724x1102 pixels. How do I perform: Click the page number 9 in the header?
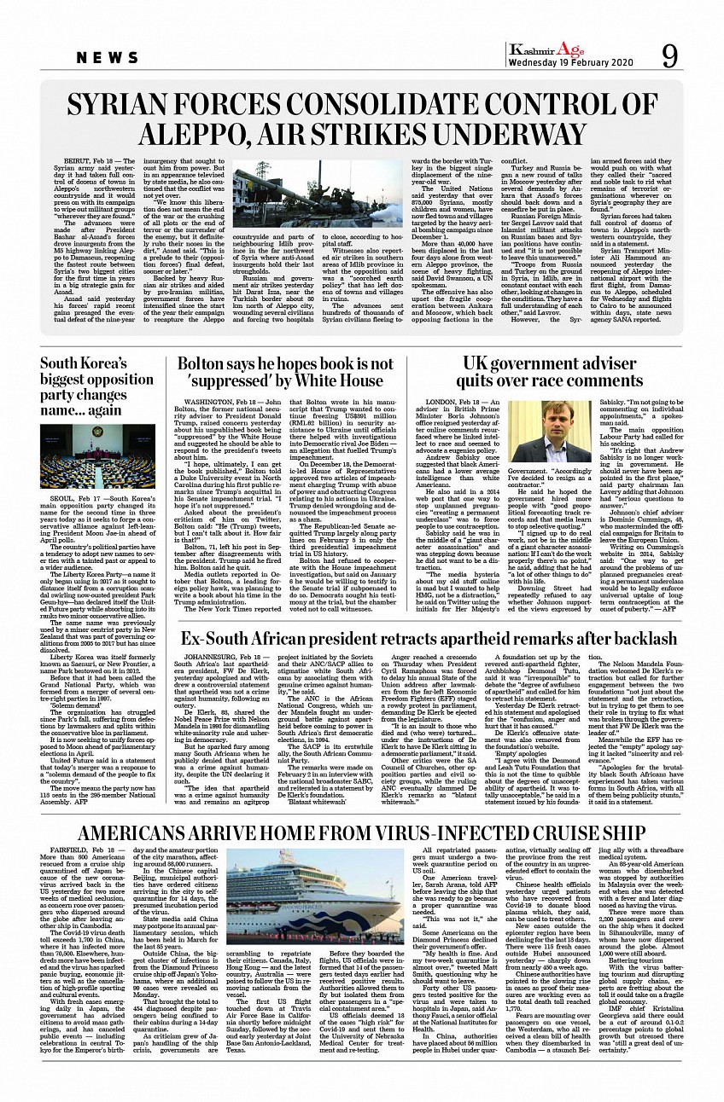click(669, 57)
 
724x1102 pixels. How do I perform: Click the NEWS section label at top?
click(108, 58)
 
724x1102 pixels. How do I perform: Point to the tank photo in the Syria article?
click(318, 194)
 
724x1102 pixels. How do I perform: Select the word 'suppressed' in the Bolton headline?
click(225, 380)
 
